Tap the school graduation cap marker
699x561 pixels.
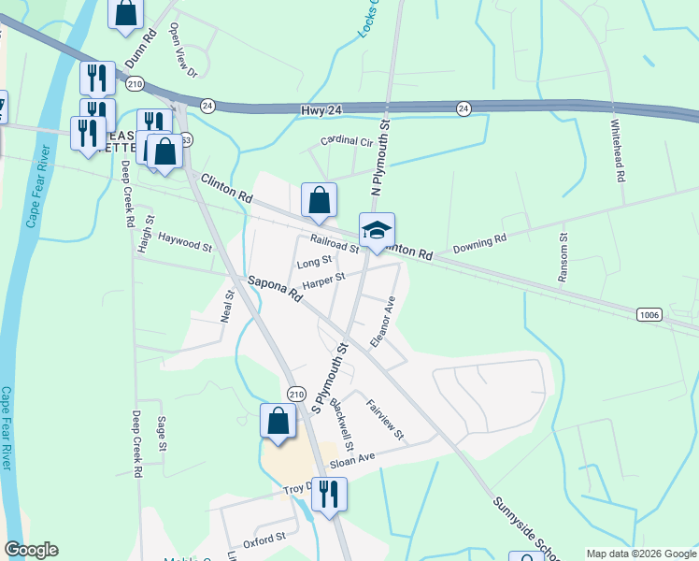point(377,231)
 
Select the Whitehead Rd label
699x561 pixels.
point(617,150)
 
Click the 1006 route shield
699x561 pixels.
point(649,315)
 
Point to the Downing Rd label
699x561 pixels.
point(479,245)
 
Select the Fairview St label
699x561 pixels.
point(385,420)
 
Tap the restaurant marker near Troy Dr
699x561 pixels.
point(328,494)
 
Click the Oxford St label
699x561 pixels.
point(264,539)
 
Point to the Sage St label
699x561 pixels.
point(162,433)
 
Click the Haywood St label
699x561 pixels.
point(185,243)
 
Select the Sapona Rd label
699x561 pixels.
point(277,288)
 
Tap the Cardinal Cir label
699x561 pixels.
point(347,142)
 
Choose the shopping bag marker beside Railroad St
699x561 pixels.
point(319,200)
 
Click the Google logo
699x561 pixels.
point(31,550)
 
